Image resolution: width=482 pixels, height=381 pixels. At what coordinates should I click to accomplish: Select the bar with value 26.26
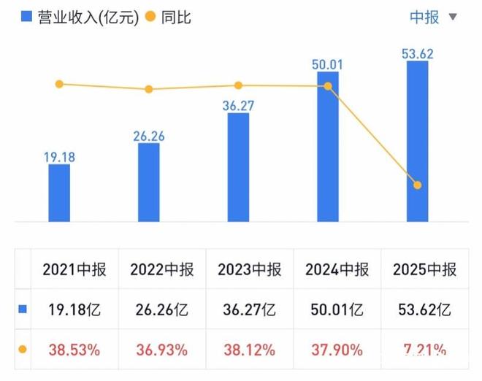(x=149, y=182)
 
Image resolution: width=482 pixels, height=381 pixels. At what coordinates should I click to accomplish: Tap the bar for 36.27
(x=239, y=166)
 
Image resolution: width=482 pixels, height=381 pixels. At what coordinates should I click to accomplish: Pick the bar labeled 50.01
(x=328, y=146)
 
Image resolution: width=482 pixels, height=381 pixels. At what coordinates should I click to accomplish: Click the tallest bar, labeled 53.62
(x=418, y=140)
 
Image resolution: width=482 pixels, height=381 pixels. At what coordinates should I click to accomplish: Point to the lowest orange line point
(x=418, y=185)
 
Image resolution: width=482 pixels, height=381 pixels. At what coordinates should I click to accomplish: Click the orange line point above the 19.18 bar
(x=60, y=84)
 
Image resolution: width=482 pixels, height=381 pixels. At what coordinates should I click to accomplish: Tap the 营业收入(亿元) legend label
(x=86, y=17)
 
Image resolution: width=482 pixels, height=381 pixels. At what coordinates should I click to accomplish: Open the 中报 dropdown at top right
(x=433, y=17)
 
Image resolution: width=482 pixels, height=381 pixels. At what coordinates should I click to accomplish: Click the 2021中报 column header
(x=74, y=269)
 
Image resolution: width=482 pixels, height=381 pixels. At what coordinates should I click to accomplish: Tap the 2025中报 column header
(x=424, y=269)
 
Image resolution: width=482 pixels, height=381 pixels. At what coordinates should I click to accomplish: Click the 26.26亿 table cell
(x=162, y=309)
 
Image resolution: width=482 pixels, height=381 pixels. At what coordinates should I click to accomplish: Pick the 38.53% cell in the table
(x=74, y=350)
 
